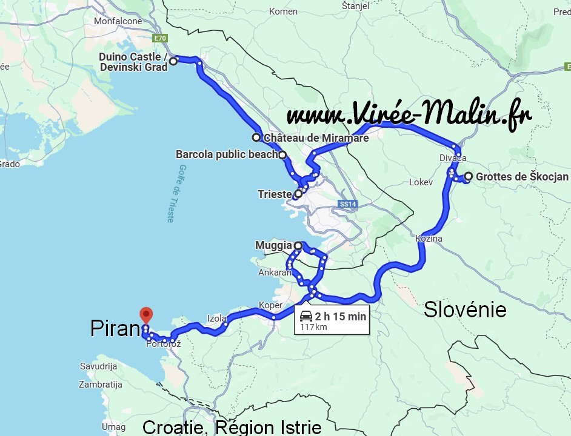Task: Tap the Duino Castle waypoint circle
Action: tap(173, 61)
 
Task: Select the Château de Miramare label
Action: tap(316, 138)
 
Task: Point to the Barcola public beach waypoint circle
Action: tap(282, 154)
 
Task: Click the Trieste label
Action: tap(275, 194)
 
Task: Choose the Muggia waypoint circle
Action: tap(298, 245)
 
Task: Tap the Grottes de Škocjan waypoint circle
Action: tap(468, 177)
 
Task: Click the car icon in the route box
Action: tap(306, 316)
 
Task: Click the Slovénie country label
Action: tap(465, 310)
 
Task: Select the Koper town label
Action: tap(270, 305)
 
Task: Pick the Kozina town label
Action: tap(429, 239)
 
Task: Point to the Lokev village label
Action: tap(421, 182)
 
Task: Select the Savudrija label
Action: tap(98, 366)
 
